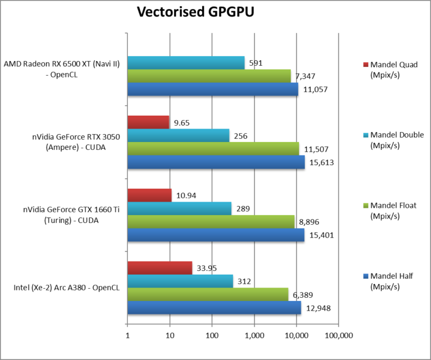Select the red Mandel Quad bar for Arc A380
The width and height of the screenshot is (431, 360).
[x=160, y=268]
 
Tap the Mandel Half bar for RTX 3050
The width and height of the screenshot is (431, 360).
[x=216, y=162]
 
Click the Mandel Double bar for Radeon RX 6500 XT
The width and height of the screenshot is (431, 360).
[x=186, y=63]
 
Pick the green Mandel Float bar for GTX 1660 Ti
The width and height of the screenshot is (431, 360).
[x=211, y=222]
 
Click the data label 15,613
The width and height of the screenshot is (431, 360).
[x=320, y=162]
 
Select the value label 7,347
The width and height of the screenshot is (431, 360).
[x=306, y=76]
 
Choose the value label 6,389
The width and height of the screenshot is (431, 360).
[x=304, y=294]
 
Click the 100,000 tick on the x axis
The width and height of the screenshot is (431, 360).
[x=338, y=336]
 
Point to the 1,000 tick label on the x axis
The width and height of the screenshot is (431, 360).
[x=254, y=336]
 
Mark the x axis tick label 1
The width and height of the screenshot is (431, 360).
[x=127, y=336]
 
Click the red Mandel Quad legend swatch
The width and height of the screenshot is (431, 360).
[x=366, y=64]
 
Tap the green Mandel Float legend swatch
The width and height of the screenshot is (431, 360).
[x=366, y=206]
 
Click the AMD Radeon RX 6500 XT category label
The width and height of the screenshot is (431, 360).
[x=62, y=69]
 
